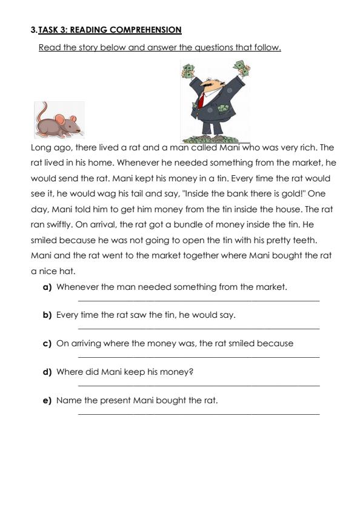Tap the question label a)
(x=47, y=287)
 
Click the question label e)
(x=47, y=400)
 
